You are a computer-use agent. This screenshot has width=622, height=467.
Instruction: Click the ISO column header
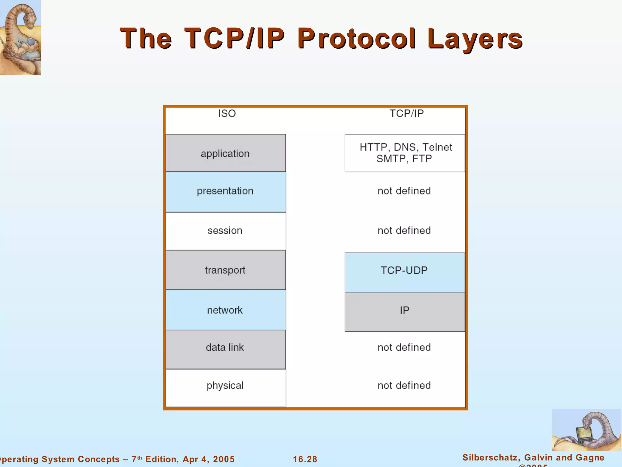coord(227,113)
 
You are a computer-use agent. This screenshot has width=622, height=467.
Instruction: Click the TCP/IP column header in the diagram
coord(406,113)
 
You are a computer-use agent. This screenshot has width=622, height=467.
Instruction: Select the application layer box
coord(225,153)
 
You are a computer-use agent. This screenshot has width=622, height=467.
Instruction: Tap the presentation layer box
coord(225,192)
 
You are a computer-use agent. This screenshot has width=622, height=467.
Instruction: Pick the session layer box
coord(225,231)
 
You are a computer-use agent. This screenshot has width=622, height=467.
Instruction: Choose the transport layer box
coord(225,270)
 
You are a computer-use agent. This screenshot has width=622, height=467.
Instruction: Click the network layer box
coord(225,310)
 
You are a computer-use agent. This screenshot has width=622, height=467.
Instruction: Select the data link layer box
coord(225,349)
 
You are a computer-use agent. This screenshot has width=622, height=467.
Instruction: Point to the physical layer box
coord(225,388)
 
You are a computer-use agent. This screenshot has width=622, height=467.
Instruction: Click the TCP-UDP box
coord(405,272)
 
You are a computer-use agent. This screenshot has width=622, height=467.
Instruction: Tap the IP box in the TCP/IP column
coord(405,312)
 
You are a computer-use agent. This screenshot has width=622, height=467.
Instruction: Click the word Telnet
coord(437,147)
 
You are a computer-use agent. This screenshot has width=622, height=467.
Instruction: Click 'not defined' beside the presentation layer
coord(404,191)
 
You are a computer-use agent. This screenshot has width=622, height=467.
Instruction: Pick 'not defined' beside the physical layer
coord(404,386)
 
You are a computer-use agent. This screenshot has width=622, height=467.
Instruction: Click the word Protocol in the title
coord(357,38)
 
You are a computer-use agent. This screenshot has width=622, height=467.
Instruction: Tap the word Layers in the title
coord(475,39)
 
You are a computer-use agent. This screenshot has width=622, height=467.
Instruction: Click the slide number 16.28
coord(305,459)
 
